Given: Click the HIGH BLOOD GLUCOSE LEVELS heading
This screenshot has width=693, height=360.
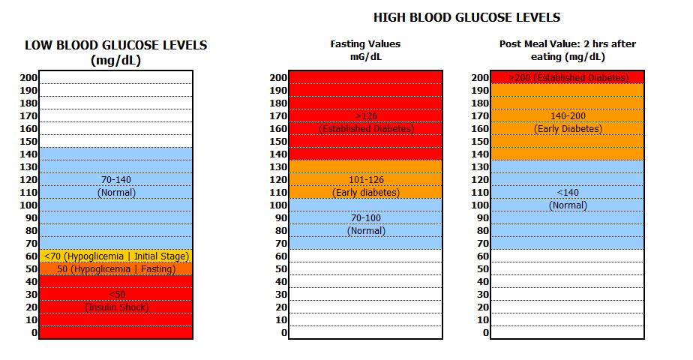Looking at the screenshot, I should [466, 18].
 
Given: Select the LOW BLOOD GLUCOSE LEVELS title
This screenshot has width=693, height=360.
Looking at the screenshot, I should [116, 46].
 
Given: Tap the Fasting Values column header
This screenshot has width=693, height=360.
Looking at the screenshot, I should [365, 44].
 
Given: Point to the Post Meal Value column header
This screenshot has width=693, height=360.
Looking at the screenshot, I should [568, 44].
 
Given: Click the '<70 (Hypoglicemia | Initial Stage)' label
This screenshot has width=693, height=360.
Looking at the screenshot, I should [116, 256].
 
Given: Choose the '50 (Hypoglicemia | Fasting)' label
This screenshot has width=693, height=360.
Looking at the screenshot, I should [116, 269].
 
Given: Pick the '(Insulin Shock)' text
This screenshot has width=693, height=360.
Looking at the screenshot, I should [116, 307].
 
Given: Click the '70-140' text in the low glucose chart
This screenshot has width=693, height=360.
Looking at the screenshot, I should [116, 180].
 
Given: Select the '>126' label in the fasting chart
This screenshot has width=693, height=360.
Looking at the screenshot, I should [366, 116].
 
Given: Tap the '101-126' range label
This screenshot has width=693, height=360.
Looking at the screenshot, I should [366, 180].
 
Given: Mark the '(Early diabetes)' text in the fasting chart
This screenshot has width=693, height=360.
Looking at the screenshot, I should [366, 193].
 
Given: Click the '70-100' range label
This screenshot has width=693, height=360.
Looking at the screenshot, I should [366, 218].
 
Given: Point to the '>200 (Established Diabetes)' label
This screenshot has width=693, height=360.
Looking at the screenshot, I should [568, 78].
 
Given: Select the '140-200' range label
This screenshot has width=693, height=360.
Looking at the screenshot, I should [568, 116].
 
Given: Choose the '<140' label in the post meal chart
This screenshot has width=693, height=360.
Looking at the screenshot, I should [568, 193].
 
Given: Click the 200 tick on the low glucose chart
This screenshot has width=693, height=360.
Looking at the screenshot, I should [28, 78].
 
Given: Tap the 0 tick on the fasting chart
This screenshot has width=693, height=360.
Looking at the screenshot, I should [283, 333].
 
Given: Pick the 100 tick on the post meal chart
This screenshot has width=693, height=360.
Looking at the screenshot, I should [481, 205].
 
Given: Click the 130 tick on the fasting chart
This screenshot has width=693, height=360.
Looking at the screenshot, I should [278, 167].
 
